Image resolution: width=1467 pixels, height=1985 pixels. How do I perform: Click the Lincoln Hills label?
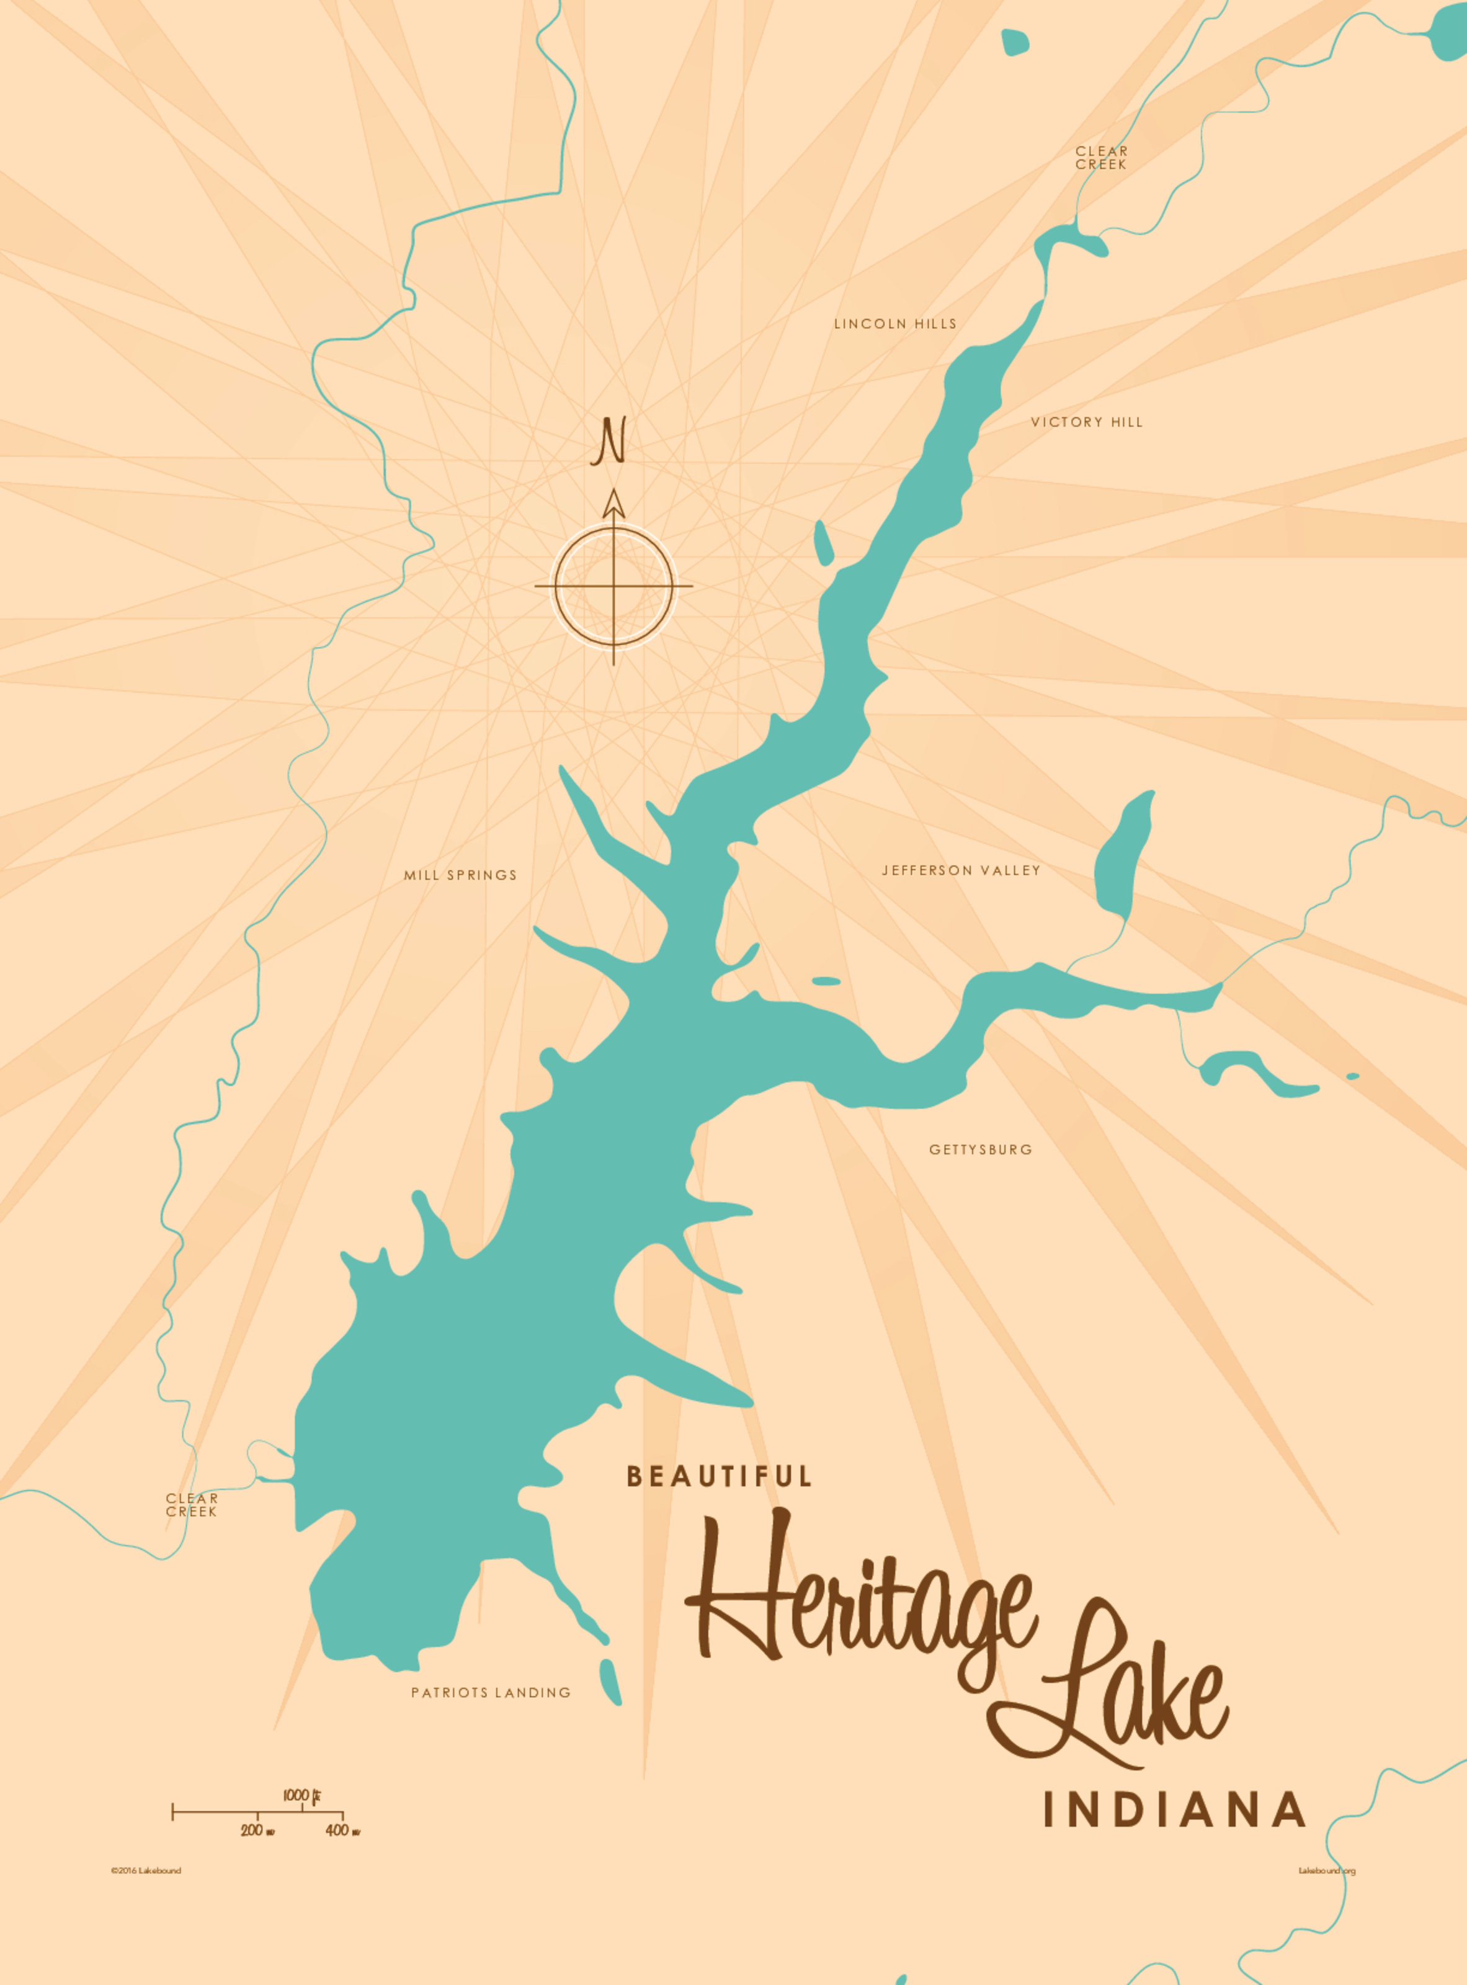(x=895, y=324)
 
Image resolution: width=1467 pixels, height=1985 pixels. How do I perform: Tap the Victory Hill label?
(x=1086, y=422)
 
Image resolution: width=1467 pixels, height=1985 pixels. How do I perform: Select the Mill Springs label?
(x=460, y=875)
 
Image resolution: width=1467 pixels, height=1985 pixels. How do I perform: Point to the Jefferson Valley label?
(x=961, y=870)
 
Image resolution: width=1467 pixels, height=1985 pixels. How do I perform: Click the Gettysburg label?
(x=980, y=1149)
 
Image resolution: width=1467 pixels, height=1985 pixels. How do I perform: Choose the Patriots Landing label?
(x=490, y=1693)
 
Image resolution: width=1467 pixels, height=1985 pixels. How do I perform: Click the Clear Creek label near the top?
(x=1101, y=158)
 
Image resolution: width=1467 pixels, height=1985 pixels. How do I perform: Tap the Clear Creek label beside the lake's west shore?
(x=192, y=1504)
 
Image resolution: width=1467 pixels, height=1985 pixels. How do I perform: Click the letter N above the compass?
(x=611, y=442)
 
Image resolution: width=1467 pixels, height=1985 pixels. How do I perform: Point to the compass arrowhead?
(x=613, y=504)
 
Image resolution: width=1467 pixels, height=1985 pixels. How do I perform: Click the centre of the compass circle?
(x=613, y=586)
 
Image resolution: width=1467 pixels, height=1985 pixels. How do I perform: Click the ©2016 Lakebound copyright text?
(x=146, y=1870)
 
